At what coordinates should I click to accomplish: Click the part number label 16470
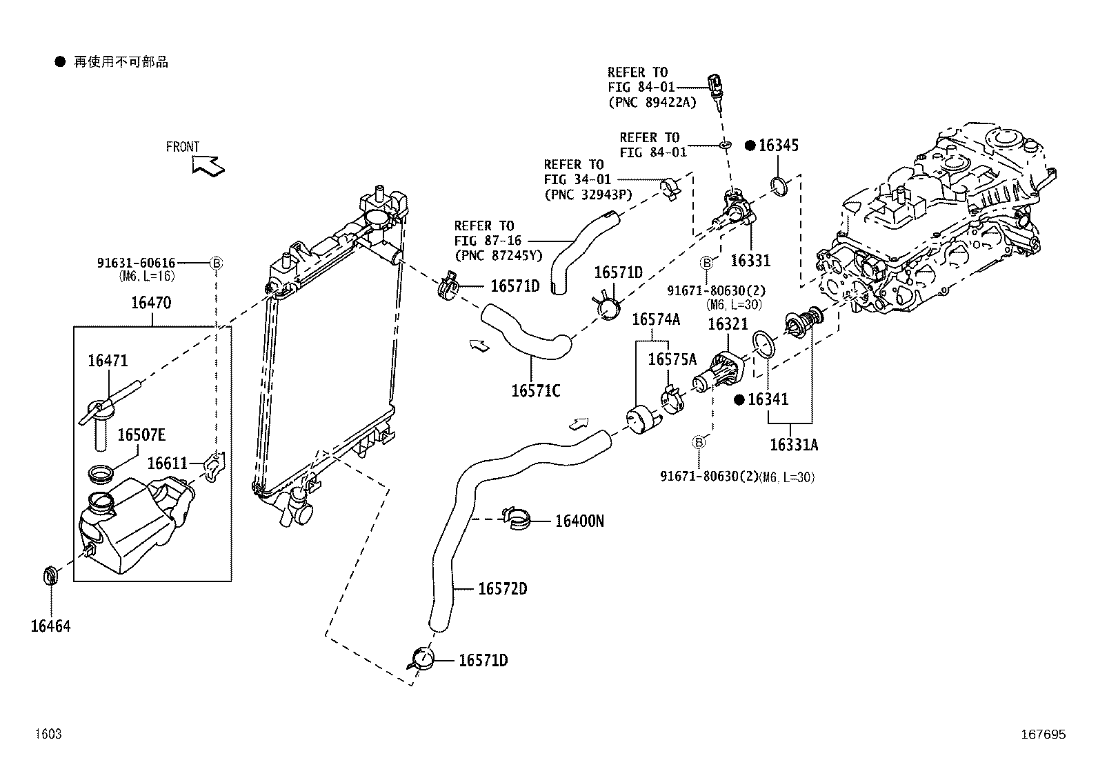click(x=151, y=303)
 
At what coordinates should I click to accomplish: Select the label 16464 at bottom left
click(x=50, y=626)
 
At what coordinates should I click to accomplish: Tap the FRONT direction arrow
click(x=208, y=166)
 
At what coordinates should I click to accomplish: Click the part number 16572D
click(x=503, y=588)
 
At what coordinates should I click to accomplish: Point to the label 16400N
click(x=579, y=521)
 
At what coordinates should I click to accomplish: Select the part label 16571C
click(x=535, y=391)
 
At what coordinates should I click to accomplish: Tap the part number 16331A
click(x=793, y=445)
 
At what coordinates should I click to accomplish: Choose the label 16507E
click(x=141, y=435)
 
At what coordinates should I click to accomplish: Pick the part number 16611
click(x=167, y=463)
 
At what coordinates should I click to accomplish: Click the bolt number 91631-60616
click(x=136, y=263)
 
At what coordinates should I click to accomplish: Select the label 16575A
click(x=672, y=359)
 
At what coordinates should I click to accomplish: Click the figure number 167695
click(x=1044, y=735)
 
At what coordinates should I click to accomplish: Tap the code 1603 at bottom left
click(x=49, y=735)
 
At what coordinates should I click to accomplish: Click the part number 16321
click(x=727, y=325)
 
